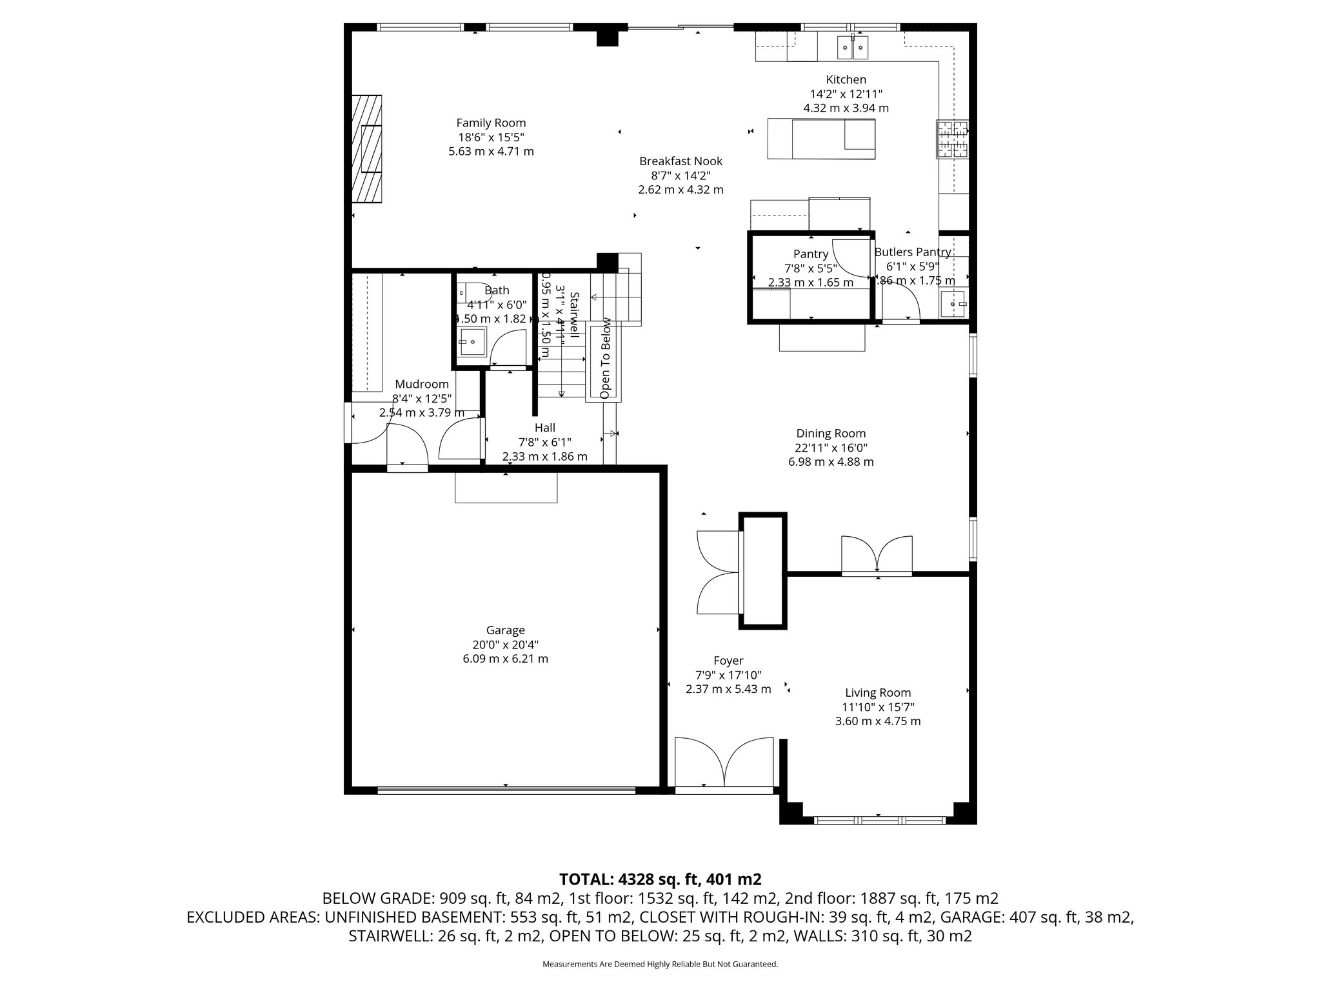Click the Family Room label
point(491,123)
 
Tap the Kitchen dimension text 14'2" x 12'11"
point(846,94)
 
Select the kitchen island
point(821,139)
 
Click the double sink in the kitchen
point(853,47)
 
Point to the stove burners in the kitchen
point(953,139)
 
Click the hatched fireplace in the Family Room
point(366,149)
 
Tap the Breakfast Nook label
point(680,161)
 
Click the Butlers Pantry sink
point(954,304)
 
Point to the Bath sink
point(472,341)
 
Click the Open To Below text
point(605,358)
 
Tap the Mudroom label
point(422,384)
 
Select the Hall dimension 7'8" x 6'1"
point(544,442)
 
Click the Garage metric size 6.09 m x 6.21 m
point(505,659)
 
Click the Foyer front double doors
point(724,763)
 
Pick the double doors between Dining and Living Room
point(877,554)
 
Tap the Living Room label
point(877,693)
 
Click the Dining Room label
point(831,434)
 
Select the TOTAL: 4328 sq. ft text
point(660,879)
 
